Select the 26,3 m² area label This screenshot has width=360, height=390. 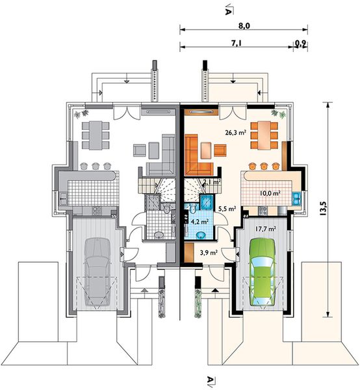[236, 133]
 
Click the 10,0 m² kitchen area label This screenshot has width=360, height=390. [270, 193]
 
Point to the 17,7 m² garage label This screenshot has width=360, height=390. [266, 229]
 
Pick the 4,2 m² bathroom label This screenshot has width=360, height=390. [198, 221]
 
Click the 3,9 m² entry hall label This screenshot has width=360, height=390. [209, 252]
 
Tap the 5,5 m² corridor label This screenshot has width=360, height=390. [227, 209]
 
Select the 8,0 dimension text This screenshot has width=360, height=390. [244, 26]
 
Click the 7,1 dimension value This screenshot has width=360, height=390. [237, 44]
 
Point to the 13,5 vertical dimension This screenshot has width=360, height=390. [324, 208]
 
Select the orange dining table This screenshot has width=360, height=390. [264, 135]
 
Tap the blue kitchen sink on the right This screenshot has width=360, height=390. [296, 198]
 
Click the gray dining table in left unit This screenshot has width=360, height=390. [96, 135]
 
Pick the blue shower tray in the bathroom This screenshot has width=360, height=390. [207, 201]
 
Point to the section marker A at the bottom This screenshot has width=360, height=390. [211, 380]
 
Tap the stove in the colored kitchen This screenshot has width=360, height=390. [263, 211]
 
